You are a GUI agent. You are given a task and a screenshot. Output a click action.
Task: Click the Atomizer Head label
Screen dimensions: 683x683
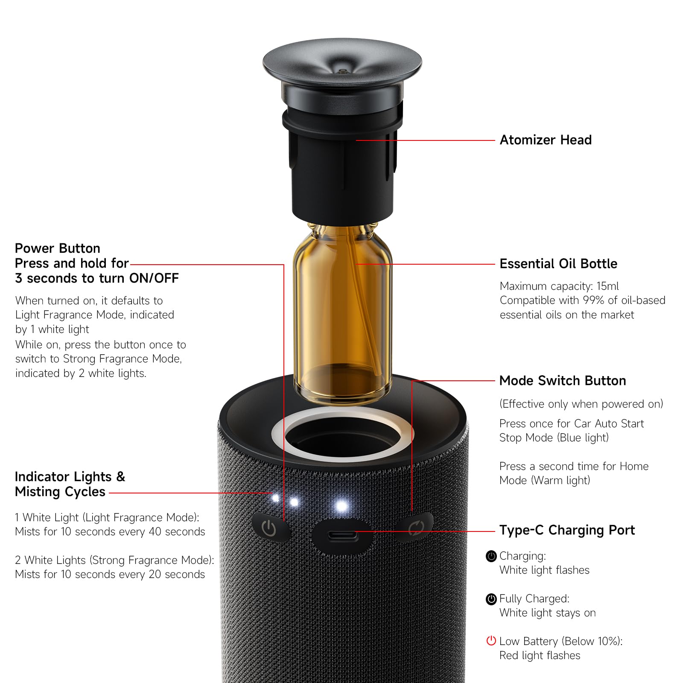point(546,140)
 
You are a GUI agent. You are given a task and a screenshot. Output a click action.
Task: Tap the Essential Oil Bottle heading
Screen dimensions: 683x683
point(558,263)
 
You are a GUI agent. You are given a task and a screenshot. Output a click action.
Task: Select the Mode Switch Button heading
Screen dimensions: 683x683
point(563,380)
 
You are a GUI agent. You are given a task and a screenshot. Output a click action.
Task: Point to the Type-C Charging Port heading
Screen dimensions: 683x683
point(567,530)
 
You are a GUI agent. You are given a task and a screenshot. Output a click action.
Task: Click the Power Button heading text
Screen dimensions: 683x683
point(58,248)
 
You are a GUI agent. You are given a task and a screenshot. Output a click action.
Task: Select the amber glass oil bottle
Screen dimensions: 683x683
point(342,314)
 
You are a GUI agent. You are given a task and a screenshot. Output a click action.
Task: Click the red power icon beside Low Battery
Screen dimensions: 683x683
point(491,641)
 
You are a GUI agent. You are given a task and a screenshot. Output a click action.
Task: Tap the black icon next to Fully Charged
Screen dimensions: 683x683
point(491,599)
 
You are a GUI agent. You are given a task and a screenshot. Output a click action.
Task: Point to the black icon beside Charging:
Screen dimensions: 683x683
point(491,556)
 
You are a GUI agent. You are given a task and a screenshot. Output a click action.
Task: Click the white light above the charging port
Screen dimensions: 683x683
point(341,506)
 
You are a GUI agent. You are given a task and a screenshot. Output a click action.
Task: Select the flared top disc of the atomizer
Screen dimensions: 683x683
point(342,64)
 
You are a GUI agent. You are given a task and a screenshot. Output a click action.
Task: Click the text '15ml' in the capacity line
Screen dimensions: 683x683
point(607,286)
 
